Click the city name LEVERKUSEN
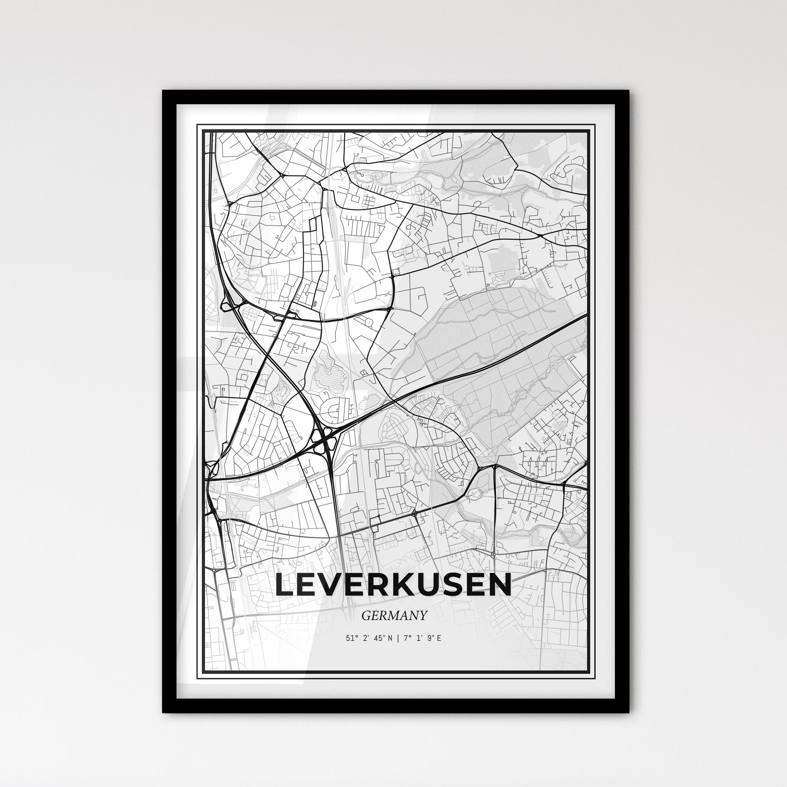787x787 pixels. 393,585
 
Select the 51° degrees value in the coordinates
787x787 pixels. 351,638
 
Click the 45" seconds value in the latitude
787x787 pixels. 378,638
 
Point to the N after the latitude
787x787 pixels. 390,638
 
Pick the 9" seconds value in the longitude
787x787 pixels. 429,638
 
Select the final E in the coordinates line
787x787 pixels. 439,638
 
